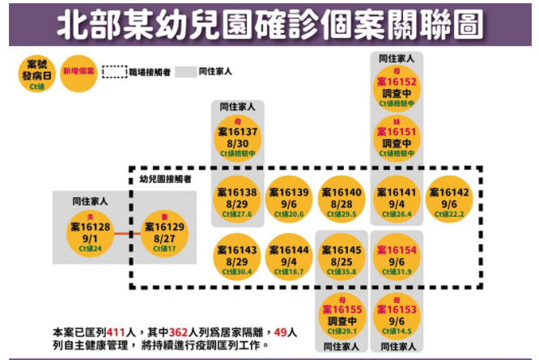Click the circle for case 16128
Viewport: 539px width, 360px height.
click(91, 234)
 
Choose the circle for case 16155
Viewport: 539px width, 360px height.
click(342, 315)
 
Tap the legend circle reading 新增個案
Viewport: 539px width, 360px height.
click(79, 73)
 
